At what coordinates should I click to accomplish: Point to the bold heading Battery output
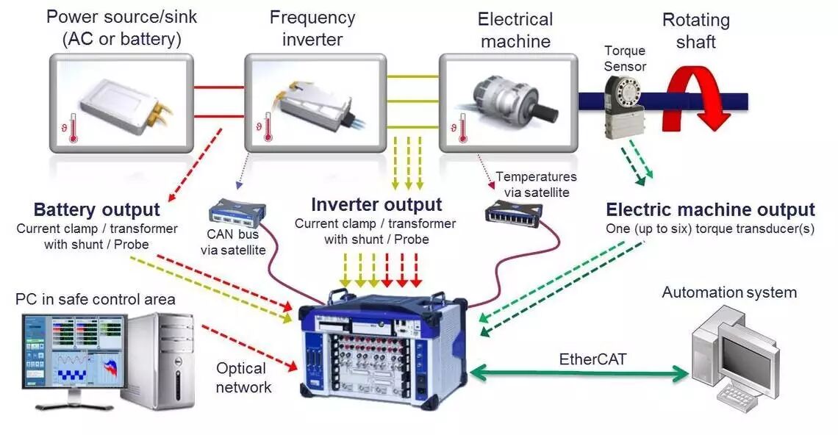pyautogui.click(x=96, y=210)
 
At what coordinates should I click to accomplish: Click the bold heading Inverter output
pyautogui.click(x=376, y=205)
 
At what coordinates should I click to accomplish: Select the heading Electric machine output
pyautogui.click(x=710, y=210)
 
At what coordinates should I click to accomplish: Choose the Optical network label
pyautogui.click(x=243, y=378)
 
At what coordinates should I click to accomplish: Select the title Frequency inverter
pyautogui.click(x=312, y=28)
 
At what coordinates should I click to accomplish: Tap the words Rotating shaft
pyautogui.click(x=695, y=31)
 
